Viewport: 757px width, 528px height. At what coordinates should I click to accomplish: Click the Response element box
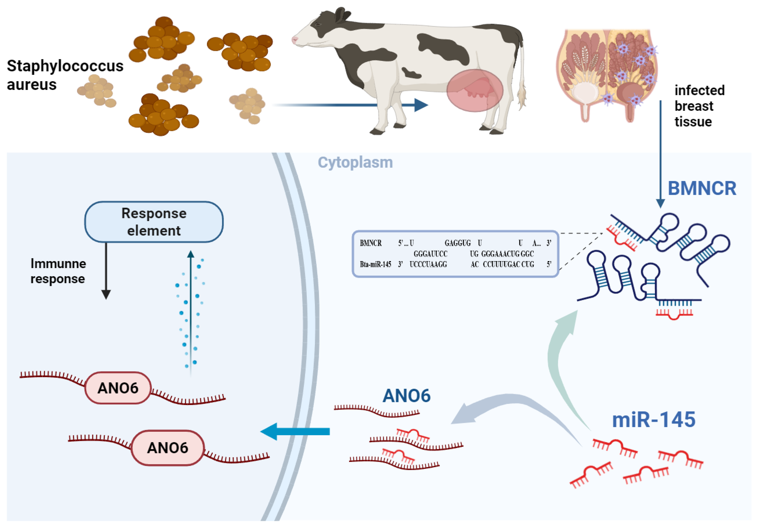click(154, 222)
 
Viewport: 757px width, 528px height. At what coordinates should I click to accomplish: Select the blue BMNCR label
click(702, 189)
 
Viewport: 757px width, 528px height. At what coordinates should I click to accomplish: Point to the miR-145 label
click(654, 420)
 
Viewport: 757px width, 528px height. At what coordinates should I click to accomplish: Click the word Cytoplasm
click(355, 163)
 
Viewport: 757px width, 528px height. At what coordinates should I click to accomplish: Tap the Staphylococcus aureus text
click(65, 75)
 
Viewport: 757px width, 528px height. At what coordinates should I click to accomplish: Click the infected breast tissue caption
click(700, 106)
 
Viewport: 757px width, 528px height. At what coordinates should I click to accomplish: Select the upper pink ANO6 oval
click(118, 388)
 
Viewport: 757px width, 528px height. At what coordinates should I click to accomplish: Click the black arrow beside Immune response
click(106, 271)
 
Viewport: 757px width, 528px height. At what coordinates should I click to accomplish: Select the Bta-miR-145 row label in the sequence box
click(376, 264)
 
